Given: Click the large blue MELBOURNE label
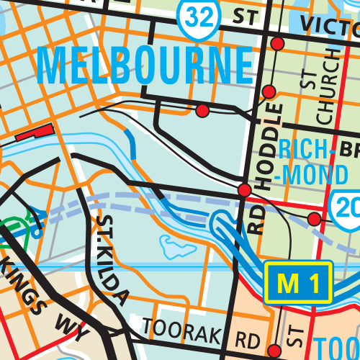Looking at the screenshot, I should click(x=144, y=66).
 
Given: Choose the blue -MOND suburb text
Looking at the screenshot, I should click(x=307, y=174).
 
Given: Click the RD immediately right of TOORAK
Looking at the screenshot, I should click(x=246, y=338).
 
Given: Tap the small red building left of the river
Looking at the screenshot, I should click(x=34, y=132).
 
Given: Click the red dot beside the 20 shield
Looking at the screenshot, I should click(x=314, y=217).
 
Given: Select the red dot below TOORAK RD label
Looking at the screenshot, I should click(x=273, y=351).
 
